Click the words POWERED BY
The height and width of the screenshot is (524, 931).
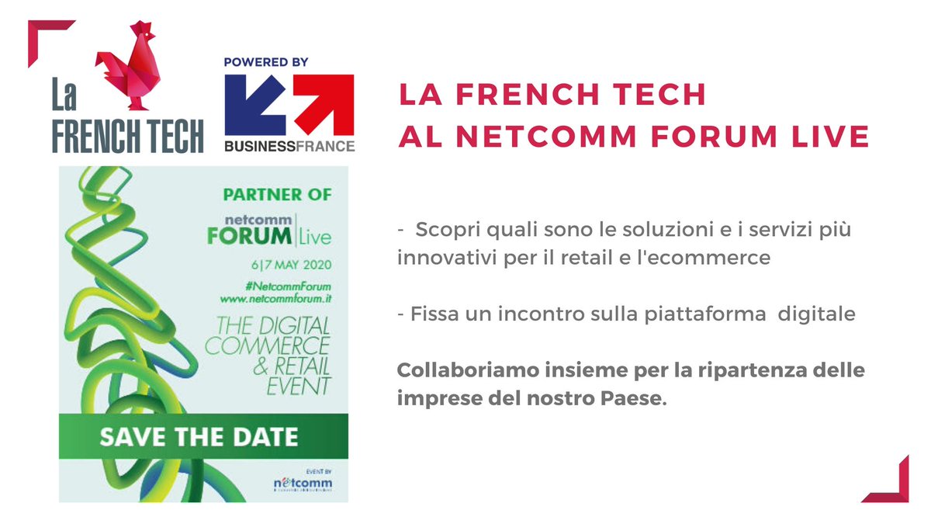click(267, 62)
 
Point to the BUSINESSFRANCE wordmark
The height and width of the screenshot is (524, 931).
click(289, 146)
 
